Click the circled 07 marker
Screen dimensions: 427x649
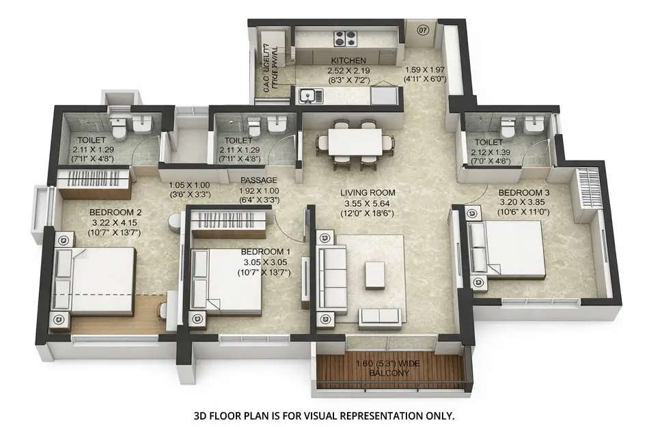point(423,30)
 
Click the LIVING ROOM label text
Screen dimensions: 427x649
point(368,193)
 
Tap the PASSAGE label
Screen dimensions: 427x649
point(258,180)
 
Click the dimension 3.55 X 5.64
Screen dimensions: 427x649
point(368,204)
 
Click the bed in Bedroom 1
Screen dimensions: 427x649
point(228,281)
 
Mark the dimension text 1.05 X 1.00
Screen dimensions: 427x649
point(190,184)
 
